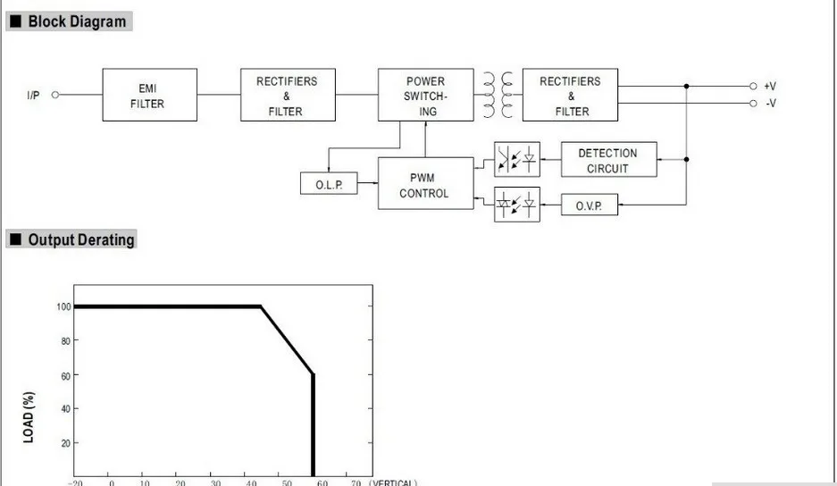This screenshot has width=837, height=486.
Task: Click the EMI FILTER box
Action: click(149, 95)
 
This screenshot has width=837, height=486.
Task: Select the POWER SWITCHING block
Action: click(425, 95)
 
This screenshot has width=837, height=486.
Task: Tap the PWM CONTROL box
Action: click(425, 183)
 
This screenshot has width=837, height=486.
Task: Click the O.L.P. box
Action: click(329, 183)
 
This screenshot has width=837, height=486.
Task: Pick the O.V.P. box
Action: click(590, 205)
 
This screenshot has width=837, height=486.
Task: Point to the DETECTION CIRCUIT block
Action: click(608, 159)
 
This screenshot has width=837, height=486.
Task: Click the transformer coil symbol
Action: click(498, 95)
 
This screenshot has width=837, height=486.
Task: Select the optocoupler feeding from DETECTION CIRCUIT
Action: click(516, 159)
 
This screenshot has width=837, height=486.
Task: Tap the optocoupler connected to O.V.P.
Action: click(516, 204)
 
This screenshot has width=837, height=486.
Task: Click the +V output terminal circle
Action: click(753, 86)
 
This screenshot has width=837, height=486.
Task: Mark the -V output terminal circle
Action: click(753, 103)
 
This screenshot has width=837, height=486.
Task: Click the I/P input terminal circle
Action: click(55, 95)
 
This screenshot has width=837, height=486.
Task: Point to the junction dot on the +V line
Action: click(686, 86)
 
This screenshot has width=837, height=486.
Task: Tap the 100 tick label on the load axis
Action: click(63, 306)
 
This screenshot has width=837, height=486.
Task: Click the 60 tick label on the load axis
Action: click(66, 376)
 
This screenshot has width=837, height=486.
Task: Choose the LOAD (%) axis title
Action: click(29, 417)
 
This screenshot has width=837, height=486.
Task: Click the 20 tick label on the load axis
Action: click(66, 443)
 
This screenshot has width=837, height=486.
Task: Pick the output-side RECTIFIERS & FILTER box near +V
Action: click(570, 95)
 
